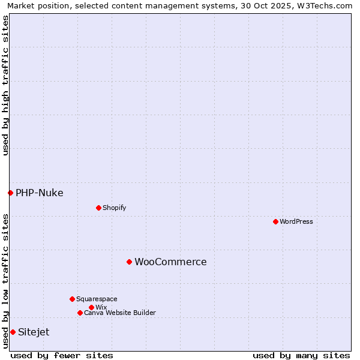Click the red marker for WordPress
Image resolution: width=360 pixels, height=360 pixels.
coord(275,221)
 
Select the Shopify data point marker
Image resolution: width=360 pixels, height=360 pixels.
coord(98,208)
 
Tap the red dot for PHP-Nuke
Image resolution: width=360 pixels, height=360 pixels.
coord(10,193)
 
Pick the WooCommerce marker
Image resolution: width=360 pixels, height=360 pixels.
coord(129,262)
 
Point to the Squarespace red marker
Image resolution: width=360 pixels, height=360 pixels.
coord(72,299)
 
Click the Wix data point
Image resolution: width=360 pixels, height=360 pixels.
coord(91,307)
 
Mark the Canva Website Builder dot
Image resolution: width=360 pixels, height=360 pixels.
coord(80,313)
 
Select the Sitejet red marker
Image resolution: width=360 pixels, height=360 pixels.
coord(13,332)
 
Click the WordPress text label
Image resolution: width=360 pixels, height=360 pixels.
coord(296,221)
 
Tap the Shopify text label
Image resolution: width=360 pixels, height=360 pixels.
coord(114,208)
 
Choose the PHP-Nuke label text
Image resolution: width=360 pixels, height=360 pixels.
coord(40,193)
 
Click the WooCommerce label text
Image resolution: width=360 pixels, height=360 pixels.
coord(170,262)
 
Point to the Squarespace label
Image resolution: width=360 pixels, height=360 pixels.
coord(97,299)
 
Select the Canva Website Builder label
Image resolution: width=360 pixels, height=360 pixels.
coord(120,313)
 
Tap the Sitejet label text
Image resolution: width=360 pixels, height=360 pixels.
coord(34,332)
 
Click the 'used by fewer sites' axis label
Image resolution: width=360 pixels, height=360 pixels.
coord(62,355)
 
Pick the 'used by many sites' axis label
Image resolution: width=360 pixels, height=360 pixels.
coord(301,355)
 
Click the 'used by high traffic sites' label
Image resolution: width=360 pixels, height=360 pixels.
coord(5,85)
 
